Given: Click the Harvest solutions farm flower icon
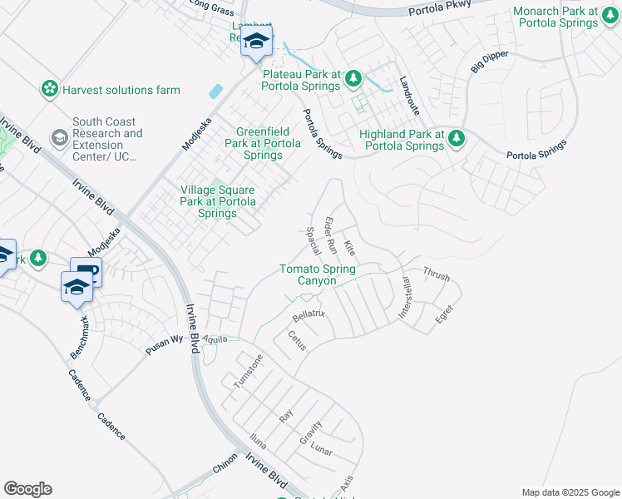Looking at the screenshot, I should point(49,89).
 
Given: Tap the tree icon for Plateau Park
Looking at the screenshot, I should point(353,79).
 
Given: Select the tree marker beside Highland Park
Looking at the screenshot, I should point(455,139).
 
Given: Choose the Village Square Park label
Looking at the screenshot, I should point(218,201).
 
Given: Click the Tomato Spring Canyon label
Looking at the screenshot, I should point(317,274).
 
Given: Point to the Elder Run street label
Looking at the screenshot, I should point(330,235).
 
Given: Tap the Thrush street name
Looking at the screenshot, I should point(436,273).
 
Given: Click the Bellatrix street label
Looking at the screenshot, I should point(308,315).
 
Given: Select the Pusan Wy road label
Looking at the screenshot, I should point(164,344).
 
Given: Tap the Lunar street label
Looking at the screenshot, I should point(321,452).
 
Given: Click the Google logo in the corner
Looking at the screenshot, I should point(27,489).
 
